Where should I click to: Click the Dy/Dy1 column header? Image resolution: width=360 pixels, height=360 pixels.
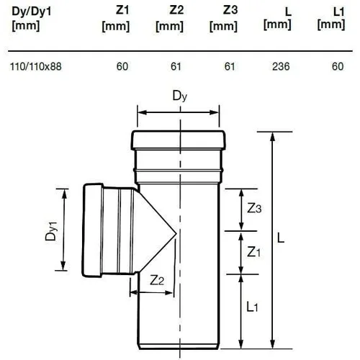[x=32, y=19]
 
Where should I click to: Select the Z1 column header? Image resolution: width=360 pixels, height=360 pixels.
[x=116, y=19]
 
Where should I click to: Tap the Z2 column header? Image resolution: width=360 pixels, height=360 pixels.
[x=170, y=19]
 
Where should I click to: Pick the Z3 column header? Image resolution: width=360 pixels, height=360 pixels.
[x=224, y=19]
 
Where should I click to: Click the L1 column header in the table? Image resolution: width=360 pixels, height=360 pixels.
[x=331, y=19]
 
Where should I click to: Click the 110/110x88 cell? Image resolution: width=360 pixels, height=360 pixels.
[x=36, y=66]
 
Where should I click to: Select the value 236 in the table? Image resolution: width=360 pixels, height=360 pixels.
[x=281, y=66]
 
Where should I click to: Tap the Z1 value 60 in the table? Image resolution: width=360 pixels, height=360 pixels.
[x=122, y=66]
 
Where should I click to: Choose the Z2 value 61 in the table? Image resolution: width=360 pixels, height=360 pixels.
[x=176, y=66]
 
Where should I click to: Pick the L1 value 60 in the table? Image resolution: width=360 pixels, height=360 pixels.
[x=338, y=66]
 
